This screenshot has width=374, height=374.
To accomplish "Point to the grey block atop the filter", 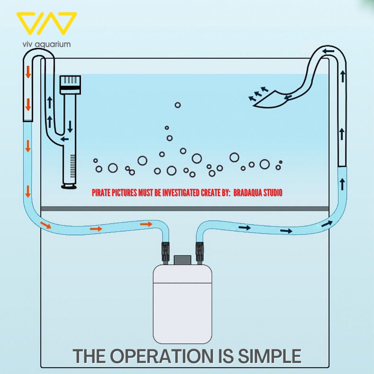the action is [x=183, y=260].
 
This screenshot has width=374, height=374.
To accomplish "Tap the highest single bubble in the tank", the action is [x=178, y=105].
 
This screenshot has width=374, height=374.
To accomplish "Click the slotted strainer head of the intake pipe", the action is [x=70, y=84].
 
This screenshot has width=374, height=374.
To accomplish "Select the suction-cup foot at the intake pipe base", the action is [x=69, y=186].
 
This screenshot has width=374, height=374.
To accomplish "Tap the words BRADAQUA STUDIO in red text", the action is [x=257, y=192].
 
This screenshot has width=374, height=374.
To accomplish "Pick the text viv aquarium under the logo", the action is [x=46, y=44].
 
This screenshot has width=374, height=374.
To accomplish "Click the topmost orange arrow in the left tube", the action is [x=28, y=72].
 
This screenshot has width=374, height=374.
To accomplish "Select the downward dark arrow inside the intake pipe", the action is [x=70, y=126].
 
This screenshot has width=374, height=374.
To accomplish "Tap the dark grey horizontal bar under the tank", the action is [x=185, y=209].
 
